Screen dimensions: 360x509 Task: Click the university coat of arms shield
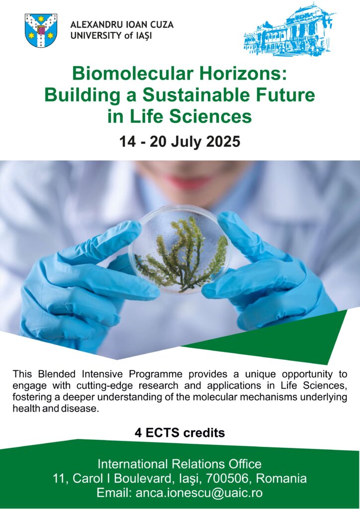[41, 30]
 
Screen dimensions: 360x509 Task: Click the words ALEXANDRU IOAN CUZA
[122, 25]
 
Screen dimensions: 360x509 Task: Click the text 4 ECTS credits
[180, 433]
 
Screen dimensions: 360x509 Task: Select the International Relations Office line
[180, 464]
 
